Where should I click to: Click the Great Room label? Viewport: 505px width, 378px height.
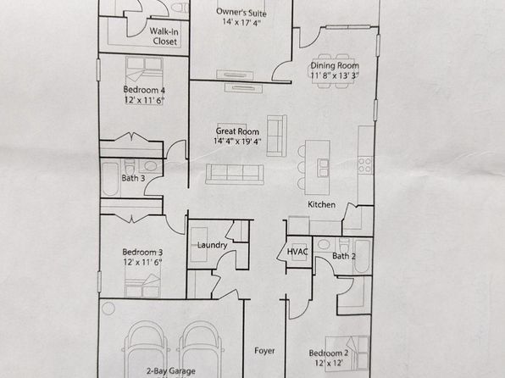point(237,131)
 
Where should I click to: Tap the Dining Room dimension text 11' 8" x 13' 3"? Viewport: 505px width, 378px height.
point(335,75)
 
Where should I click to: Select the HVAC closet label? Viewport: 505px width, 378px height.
point(297,252)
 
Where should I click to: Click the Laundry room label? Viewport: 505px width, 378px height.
point(212,245)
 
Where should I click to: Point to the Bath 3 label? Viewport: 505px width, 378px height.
point(133,178)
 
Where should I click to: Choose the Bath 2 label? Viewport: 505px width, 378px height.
point(344,256)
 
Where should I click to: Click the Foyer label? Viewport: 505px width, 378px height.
point(264,351)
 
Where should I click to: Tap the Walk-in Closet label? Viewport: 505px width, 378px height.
point(164,36)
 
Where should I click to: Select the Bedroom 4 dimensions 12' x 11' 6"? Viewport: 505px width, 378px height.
point(144,100)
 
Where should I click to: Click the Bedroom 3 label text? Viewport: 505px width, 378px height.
point(142,252)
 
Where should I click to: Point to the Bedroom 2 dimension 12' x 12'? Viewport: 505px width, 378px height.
point(328,363)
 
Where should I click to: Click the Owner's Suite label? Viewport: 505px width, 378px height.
point(241,12)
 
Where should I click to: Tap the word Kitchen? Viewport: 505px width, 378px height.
point(321,204)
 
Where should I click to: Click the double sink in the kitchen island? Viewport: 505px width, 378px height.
point(324,168)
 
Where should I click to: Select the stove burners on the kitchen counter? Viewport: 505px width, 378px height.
point(365,164)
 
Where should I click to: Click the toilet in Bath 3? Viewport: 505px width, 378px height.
point(130,167)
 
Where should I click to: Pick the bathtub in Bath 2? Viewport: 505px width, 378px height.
point(362,256)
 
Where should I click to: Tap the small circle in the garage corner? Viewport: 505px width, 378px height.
point(108,309)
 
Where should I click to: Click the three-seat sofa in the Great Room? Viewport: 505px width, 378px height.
point(235,174)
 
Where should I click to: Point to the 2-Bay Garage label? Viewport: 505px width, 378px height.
point(171,371)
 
